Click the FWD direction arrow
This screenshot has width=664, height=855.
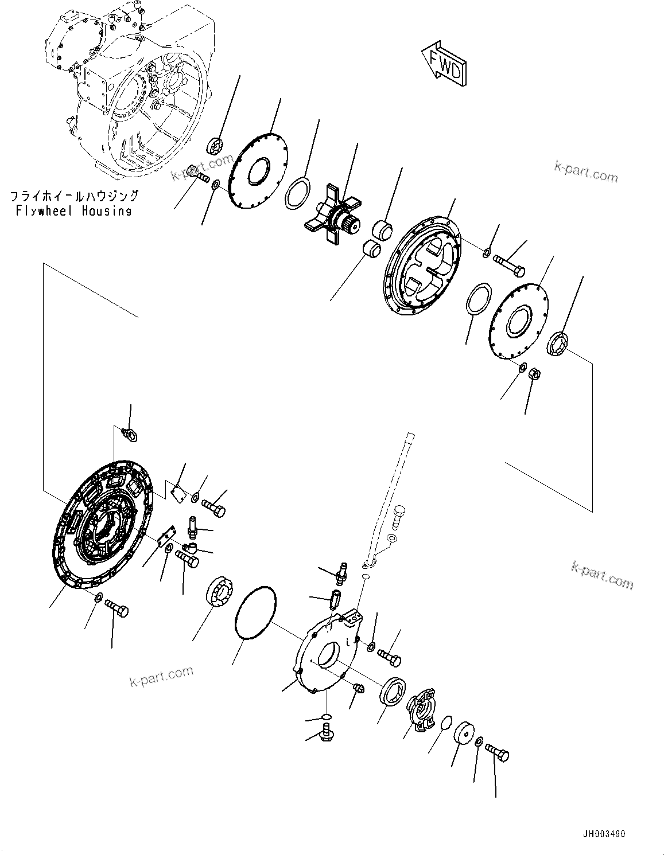(445, 65)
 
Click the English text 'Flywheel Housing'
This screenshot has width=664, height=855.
(74, 211)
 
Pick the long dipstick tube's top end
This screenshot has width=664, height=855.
(409, 437)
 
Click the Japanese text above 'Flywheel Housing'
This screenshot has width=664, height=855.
(74, 197)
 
